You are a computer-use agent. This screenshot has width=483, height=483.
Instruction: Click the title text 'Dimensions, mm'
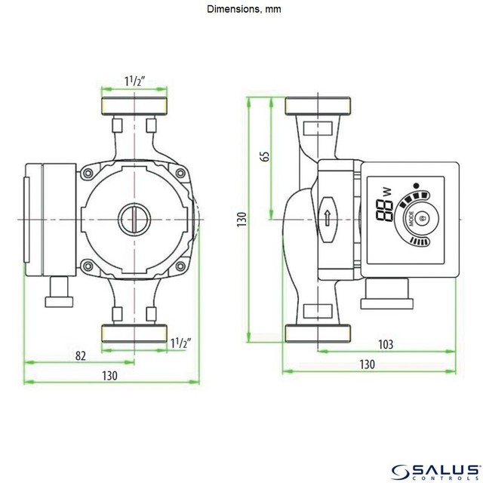pyautogui.click(x=241, y=10)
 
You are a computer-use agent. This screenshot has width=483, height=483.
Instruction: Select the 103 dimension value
pyautogui.click(x=386, y=344)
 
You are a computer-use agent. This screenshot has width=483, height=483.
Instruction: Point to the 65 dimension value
pyautogui.click(x=263, y=157)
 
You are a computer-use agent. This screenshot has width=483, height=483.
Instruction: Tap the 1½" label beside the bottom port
pyautogui.click(x=180, y=343)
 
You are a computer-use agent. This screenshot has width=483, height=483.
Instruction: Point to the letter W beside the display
pyautogui.click(x=388, y=192)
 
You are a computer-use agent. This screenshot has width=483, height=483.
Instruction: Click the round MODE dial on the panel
pyautogui.click(x=422, y=219)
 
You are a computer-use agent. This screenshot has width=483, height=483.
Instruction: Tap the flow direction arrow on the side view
pyautogui.click(x=327, y=218)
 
